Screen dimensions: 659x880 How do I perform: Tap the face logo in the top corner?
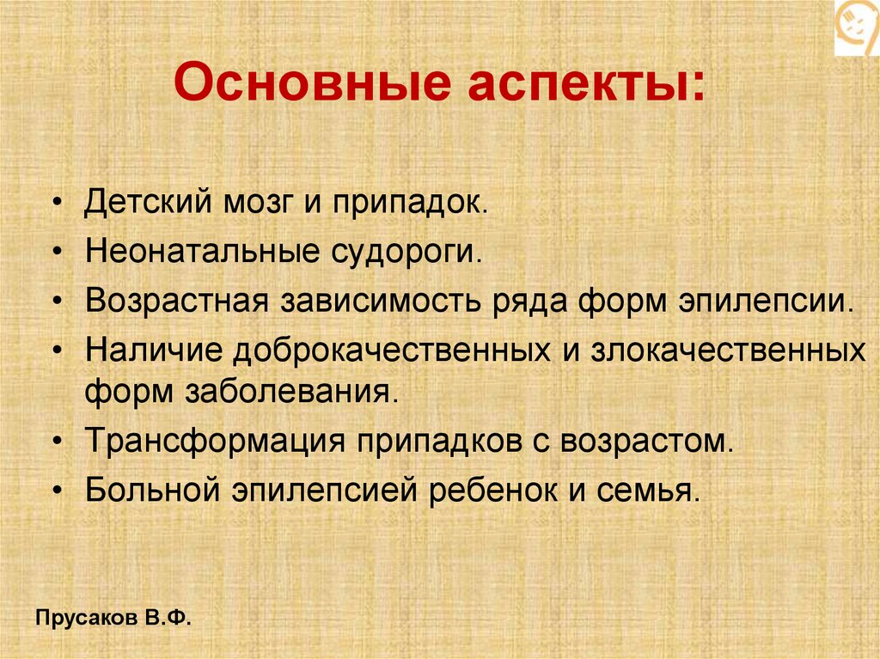point(857,27)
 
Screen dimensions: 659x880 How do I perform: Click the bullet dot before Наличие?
point(57,352)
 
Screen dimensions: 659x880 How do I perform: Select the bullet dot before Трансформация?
point(57,442)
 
